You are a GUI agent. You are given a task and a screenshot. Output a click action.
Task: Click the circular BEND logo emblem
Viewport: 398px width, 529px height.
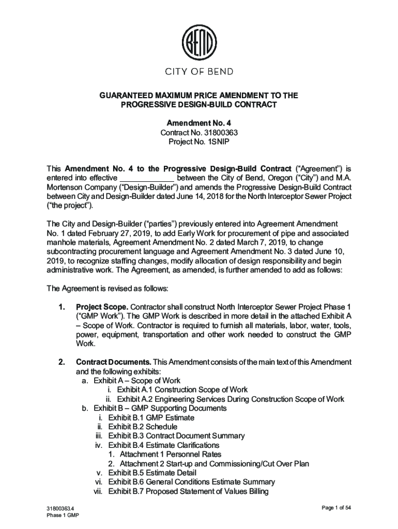(x=199, y=41)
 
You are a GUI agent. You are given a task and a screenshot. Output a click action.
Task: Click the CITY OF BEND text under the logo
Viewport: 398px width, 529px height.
(x=199, y=71)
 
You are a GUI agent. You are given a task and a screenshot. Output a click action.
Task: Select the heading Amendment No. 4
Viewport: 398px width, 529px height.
(x=199, y=123)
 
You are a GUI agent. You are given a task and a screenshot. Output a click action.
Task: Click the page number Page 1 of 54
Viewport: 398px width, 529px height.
(x=336, y=508)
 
